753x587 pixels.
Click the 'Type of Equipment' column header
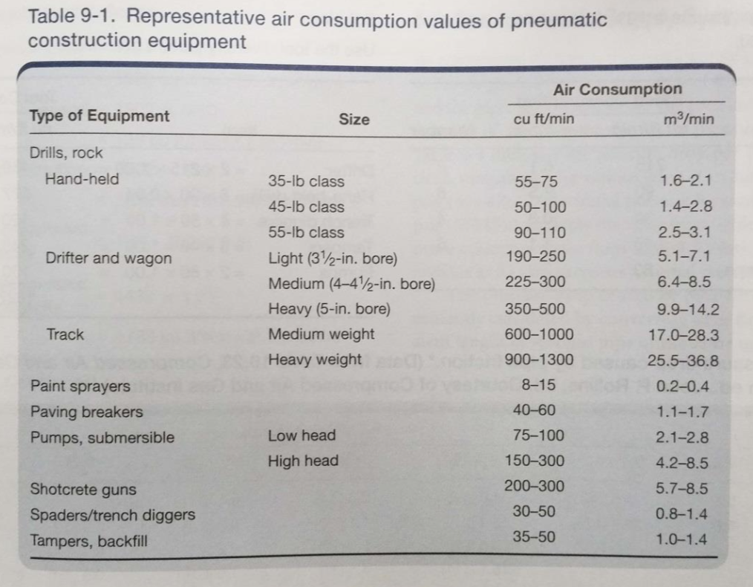99,116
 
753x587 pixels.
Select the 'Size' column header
353,119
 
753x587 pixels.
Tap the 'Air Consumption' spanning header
617,89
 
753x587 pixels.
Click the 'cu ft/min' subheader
544,119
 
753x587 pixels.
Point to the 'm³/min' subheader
690,119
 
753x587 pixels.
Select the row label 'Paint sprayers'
79,386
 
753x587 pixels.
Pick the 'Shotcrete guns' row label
82,490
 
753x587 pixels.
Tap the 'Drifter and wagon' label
108,259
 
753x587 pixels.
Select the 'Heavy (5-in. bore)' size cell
328,309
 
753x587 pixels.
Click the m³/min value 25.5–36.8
682,362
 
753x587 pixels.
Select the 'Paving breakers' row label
86,412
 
